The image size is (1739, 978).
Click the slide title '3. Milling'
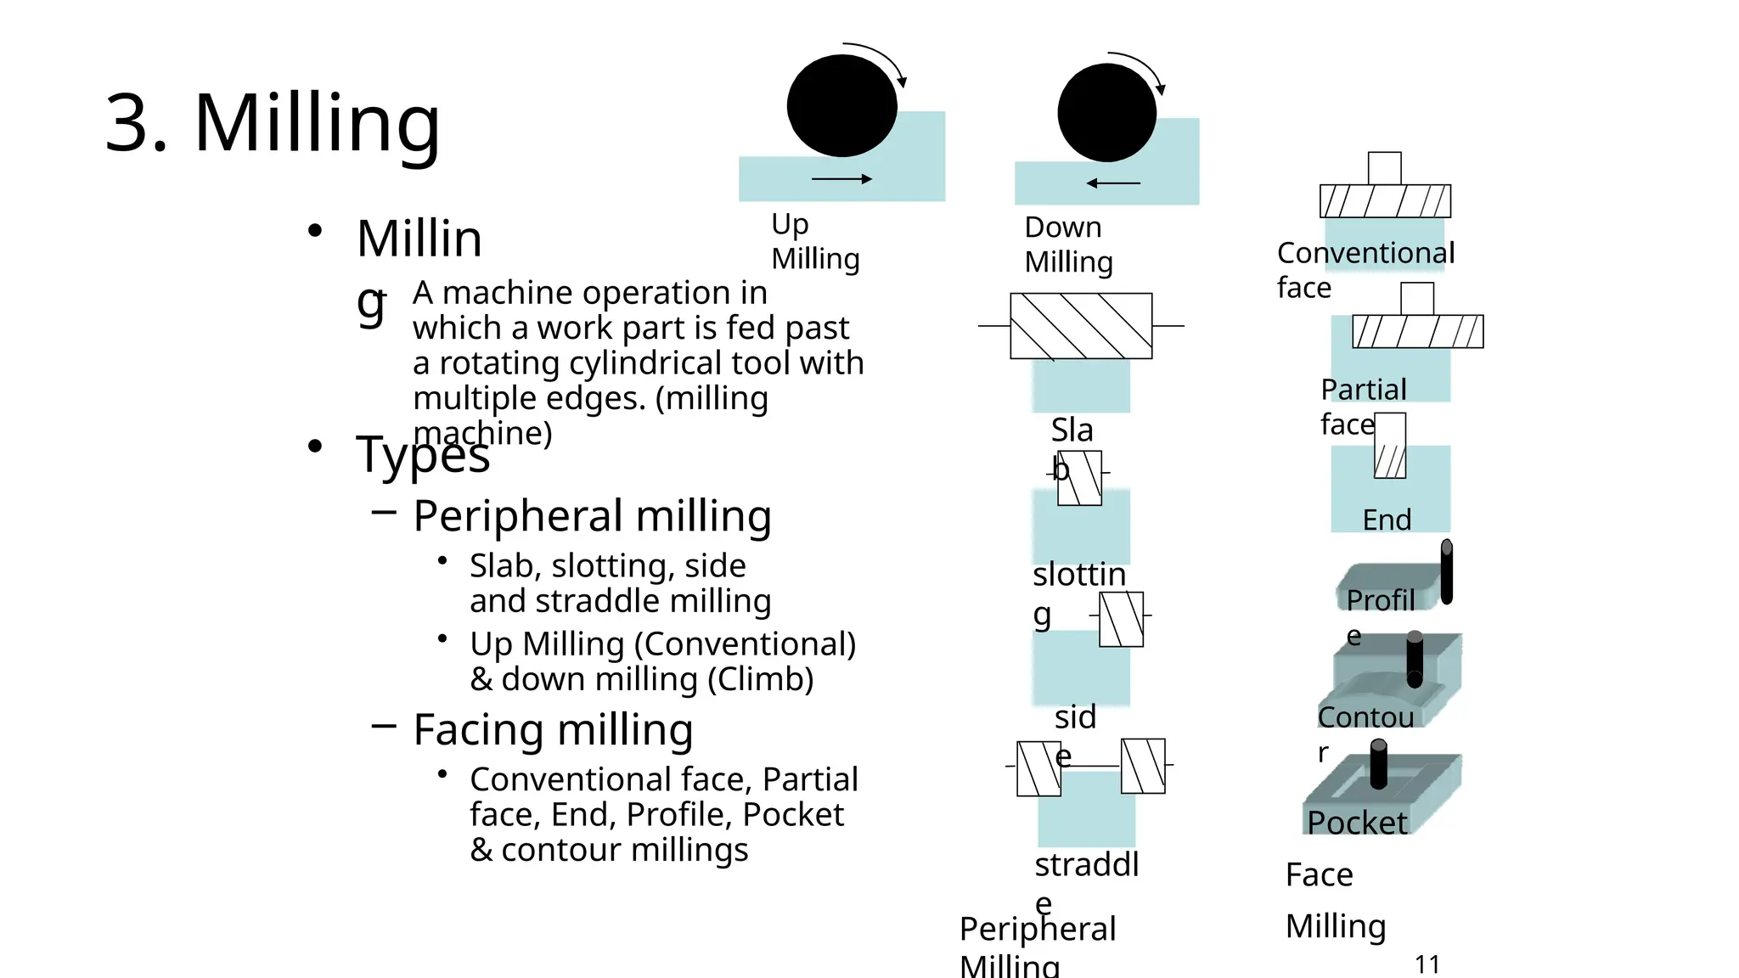[x=273, y=123]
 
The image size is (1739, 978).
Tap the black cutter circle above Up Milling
[x=841, y=106]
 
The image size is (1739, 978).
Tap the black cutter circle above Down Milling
[x=1106, y=113]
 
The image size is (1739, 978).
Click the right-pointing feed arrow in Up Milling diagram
[x=841, y=179]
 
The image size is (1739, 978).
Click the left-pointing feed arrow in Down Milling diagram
[x=1112, y=183]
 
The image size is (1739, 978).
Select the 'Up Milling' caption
[x=814, y=241]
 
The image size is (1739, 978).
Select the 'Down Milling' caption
[x=1067, y=244]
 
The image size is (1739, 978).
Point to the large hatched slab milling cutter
[x=1081, y=326]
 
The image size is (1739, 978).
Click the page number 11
[x=1427, y=964]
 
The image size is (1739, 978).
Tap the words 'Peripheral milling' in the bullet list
[x=592, y=515]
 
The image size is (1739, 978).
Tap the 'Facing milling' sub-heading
[x=553, y=729]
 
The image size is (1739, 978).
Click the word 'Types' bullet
[x=422, y=454]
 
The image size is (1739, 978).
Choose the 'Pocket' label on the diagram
[x=1356, y=823]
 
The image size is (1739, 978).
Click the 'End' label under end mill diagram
[x=1387, y=520]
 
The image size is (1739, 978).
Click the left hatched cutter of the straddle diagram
[x=1038, y=768]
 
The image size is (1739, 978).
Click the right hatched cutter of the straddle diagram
[x=1143, y=766]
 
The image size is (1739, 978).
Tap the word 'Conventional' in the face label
[x=1365, y=253]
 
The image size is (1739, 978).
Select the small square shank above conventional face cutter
[x=1385, y=168]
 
